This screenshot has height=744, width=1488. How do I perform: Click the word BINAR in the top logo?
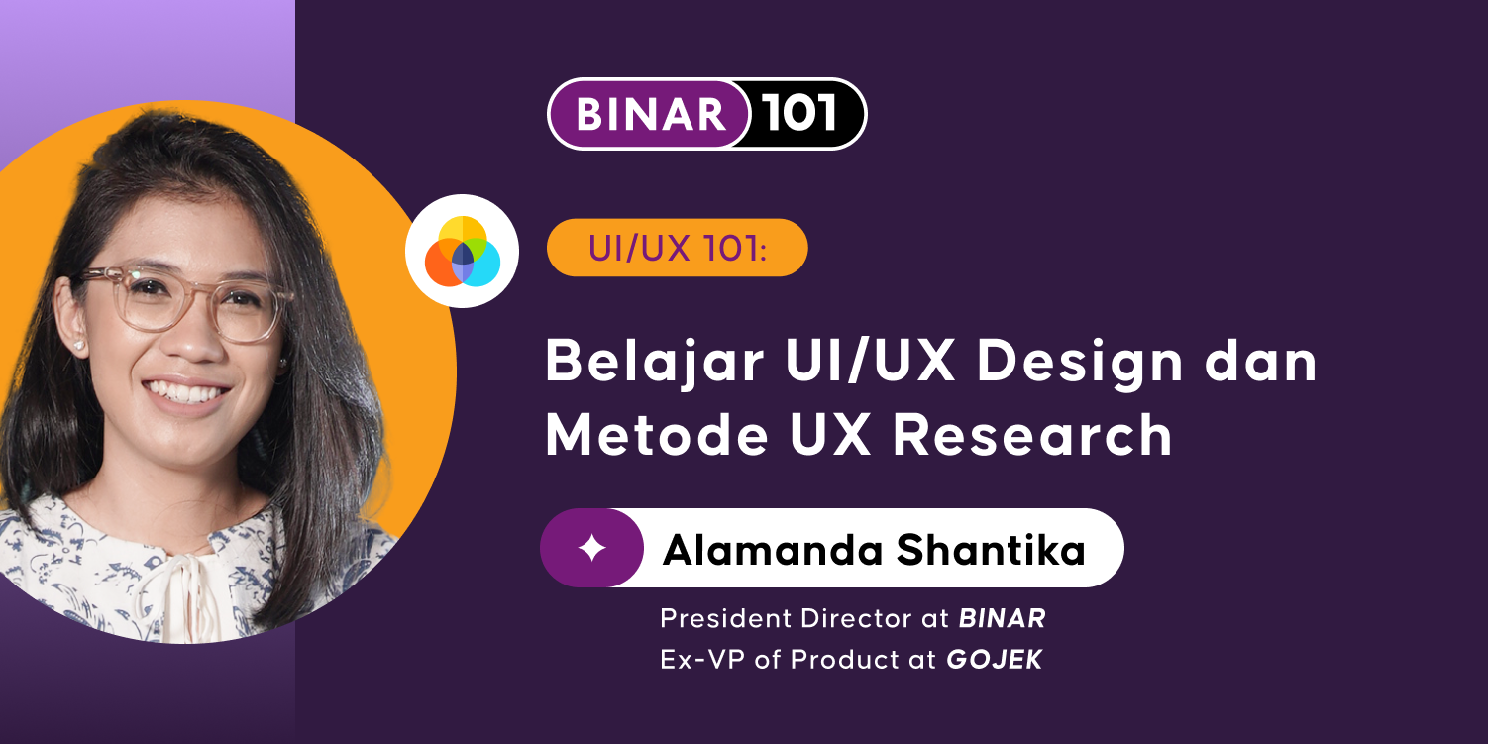pyautogui.click(x=651, y=115)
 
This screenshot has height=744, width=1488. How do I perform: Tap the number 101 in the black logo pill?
pyautogui.click(x=800, y=114)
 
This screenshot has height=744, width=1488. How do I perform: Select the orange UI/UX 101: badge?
pyautogui.click(x=677, y=248)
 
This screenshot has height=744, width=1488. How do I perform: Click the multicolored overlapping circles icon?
pyautogui.click(x=463, y=252)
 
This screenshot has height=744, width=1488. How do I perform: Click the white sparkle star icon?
pyautogui.click(x=592, y=549)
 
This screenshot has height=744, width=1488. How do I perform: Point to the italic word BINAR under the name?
pyautogui.click(x=1002, y=619)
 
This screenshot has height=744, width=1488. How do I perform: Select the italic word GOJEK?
pyautogui.click(x=994, y=660)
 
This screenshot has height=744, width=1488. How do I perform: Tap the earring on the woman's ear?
pyautogui.click(x=78, y=345)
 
